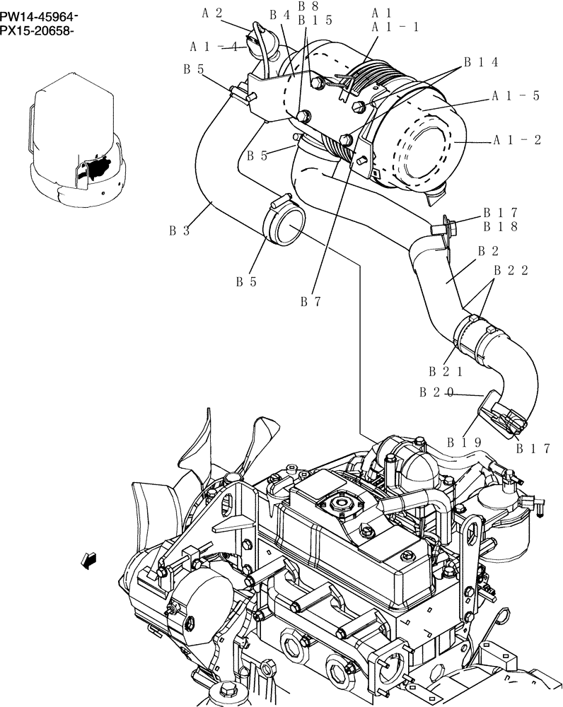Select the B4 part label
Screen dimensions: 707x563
click(x=280, y=15)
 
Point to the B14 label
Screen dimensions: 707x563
click(x=481, y=62)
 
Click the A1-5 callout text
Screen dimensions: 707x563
click(x=516, y=96)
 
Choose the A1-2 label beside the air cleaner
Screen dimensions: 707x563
click(x=517, y=140)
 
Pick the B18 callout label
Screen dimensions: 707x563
click(x=501, y=227)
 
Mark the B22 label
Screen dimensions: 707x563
click(x=511, y=270)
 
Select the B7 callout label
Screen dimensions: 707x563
click(x=311, y=302)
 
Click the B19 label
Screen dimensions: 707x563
click(x=464, y=443)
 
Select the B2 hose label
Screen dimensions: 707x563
click(x=489, y=251)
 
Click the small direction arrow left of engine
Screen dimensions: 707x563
click(x=89, y=561)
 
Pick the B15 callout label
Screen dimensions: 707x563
click(x=315, y=21)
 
